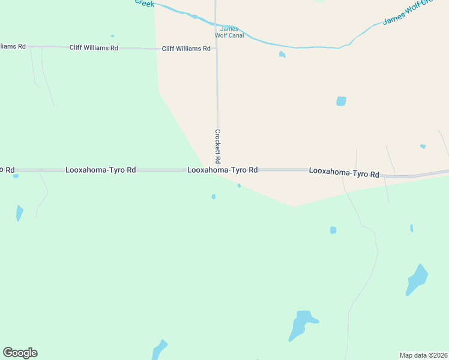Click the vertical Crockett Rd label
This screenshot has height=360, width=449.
(218, 148)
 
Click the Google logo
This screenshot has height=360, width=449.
(20, 353)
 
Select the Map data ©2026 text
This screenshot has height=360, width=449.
(423, 355)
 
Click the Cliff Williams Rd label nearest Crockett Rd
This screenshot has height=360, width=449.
(186, 49)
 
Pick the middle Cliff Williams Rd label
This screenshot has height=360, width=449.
(94, 48)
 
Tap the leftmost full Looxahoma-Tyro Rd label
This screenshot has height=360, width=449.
(101, 170)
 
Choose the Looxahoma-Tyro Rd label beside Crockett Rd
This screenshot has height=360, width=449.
(223, 170)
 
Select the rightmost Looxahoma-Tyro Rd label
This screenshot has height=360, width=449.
(344, 173)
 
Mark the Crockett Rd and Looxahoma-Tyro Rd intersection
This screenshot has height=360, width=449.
(217, 170)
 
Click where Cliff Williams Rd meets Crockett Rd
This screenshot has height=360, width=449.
(216, 48)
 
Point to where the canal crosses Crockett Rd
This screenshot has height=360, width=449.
(215, 23)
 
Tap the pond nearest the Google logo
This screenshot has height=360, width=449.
(159, 349)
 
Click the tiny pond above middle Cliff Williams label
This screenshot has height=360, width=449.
(112, 36)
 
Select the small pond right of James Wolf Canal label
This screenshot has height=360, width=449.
(282, 55)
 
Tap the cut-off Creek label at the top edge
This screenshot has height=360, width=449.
(144, 3)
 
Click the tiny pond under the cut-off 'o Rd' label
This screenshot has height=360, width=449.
(16, 176)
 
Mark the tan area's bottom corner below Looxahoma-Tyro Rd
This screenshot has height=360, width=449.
(294, 207)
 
